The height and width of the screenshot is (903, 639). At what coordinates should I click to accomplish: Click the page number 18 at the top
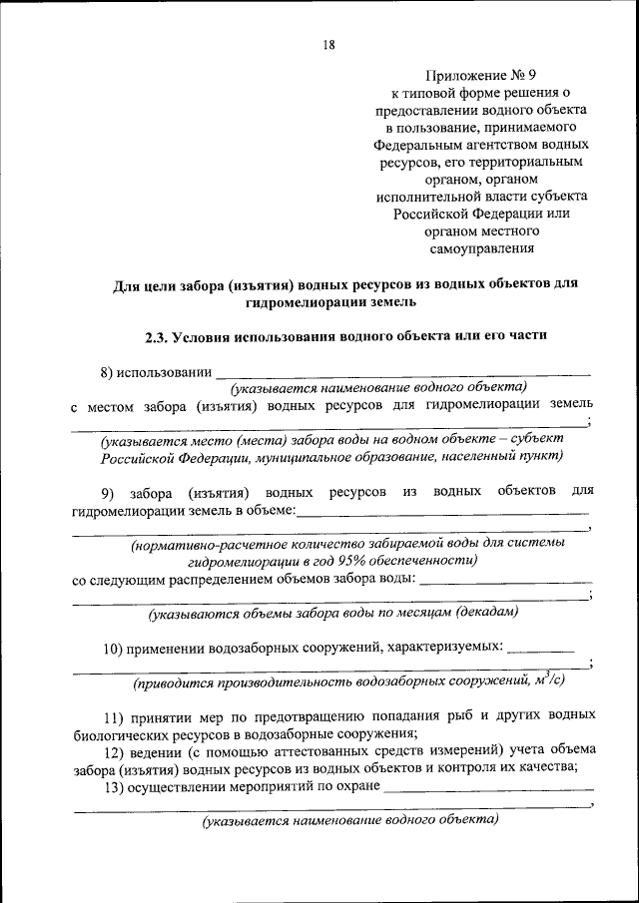point(328,44)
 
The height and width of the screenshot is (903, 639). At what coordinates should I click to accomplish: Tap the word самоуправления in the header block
point(481,249)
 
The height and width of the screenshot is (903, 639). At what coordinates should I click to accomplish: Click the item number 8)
point(109,373)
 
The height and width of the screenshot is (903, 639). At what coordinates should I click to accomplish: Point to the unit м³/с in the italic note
point(548,682)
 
